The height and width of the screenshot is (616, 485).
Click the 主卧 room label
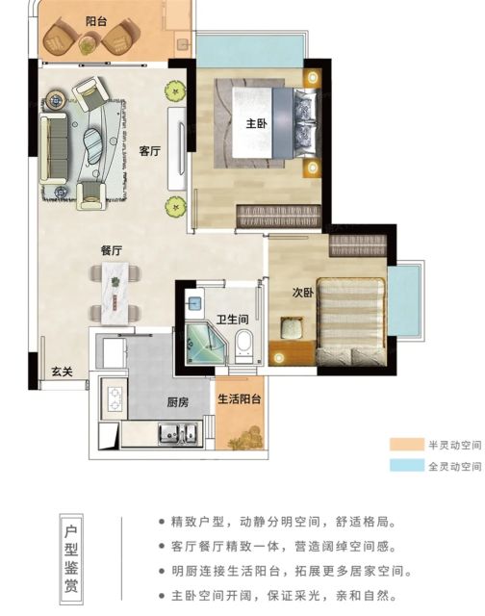point(256,124)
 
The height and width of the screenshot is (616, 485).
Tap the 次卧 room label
point(303,293)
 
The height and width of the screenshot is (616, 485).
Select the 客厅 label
point(149,151)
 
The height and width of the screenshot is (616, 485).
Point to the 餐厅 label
point(112,250)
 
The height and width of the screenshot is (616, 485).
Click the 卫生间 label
point(232,319)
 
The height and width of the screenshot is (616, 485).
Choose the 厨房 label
point(177,402)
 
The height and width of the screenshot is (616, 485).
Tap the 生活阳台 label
point(240,399)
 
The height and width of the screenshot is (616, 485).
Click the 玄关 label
point(63,371)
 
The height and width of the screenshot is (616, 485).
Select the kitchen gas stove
point(115,398)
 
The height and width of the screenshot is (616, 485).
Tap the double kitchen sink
point(177,433)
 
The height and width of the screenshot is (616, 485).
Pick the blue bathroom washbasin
point(194,303)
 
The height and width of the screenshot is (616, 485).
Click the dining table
point(115,293)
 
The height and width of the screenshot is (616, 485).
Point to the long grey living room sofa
point(54,148)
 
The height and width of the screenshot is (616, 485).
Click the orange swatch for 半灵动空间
point(406,445)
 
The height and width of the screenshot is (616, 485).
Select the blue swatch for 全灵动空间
point(406,466)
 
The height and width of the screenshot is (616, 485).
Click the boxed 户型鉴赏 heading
point(71,559)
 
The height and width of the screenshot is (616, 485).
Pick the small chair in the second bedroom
point(292,327)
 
